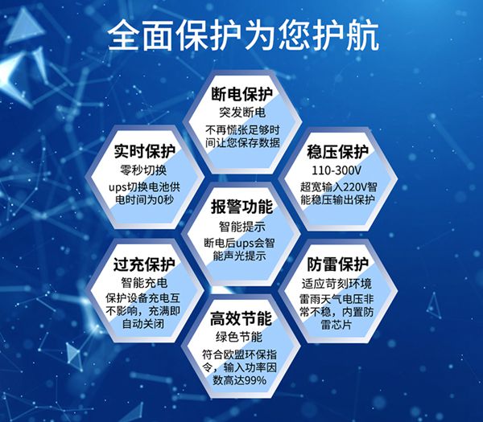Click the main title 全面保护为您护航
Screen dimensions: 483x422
point(243,35)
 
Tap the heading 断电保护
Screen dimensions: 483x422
point(242,94)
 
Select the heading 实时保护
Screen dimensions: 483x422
point(144,151)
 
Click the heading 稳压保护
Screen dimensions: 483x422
point(337,152)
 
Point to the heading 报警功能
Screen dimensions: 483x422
point(242,207)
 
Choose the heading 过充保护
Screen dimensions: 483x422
point(144,264)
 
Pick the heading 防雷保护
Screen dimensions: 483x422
point(337,264)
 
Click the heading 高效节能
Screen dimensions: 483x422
point(242,318)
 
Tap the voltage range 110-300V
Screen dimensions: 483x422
point(336,170)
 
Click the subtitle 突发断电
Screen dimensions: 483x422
point(242,113)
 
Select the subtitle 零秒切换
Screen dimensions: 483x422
point(143,170)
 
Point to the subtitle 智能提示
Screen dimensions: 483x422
point(242,227)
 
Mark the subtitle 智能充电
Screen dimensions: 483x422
point(144,283)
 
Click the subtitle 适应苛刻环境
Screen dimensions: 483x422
point(336,283)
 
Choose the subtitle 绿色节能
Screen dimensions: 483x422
point(239,337)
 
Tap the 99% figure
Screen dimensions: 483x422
point(256,380)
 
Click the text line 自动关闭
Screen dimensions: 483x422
point(143,324)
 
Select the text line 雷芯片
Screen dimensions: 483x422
point(336,325)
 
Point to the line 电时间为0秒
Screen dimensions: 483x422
point(144,200)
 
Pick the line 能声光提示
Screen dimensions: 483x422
point(239,256)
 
